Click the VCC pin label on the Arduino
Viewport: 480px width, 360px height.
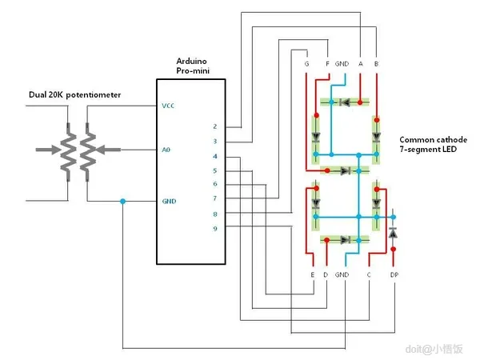point(167,105)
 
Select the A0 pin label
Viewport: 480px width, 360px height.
point(166,150)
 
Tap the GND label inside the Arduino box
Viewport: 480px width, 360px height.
point(168,201)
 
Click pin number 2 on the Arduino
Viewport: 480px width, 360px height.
point(214,126)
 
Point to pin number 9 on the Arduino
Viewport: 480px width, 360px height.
point(214,229)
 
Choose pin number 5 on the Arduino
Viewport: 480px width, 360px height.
point(214,170)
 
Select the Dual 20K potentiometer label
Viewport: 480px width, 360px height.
point(75,94)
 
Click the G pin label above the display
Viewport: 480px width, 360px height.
point(306,62)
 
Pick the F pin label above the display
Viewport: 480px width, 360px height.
point(327,62)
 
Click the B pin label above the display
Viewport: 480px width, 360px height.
point(376,62)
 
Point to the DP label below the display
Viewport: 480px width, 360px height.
point(394,274)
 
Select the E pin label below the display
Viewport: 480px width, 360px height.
point(311,274)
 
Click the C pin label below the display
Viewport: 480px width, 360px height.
point(368,274)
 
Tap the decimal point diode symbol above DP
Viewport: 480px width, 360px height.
point(393,232)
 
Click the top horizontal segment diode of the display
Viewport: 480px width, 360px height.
point(345,102)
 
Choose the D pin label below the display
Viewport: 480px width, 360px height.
point(326,274)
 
